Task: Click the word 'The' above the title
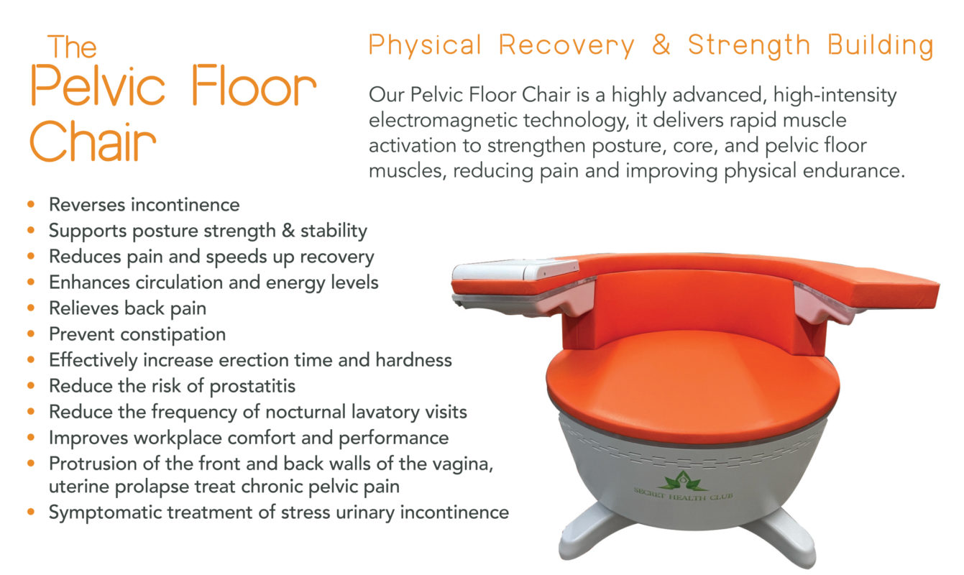(72, 47)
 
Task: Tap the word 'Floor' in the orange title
(254, 86)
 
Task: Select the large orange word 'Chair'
(93, 140)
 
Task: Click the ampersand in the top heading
(661, 45)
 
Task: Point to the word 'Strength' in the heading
(749, 45)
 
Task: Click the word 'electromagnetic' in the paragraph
(443, 121)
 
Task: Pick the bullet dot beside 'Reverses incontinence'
(31, 204)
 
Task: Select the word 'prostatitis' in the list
(252, 386)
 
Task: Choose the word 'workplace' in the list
(178, 438)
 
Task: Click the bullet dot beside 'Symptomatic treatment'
(31, 512)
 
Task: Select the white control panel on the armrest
(515, 270)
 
